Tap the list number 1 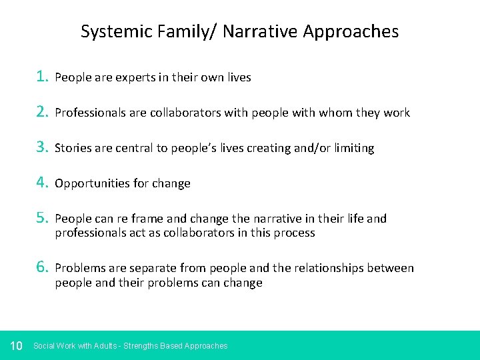[x=42, y=77]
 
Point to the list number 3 [x=42, y=147]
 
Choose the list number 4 [x=42, y=183]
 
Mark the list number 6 [x=42, y=267]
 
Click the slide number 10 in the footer [x=17, y=345]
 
